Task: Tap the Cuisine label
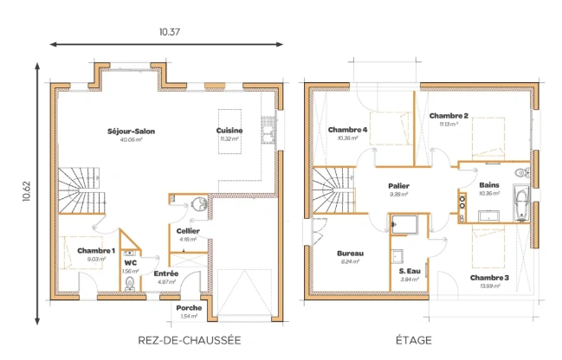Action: coord(229,131)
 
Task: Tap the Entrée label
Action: coord(166,273)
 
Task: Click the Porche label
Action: coord(189,307)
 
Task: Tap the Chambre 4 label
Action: coord(347,130)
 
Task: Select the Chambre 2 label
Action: coord(449,116)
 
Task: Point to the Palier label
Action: coord(399,186)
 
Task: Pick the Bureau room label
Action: coord(350,253)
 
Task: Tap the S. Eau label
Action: coord(409,271)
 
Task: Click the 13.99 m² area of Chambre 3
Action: coord(489,286)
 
